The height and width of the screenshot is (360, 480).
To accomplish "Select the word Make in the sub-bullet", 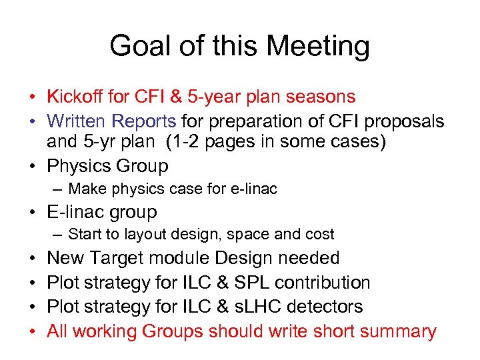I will pos(84,189).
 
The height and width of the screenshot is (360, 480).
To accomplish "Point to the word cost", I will pos(320,235).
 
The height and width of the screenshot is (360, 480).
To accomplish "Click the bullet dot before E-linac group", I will pos(32,213).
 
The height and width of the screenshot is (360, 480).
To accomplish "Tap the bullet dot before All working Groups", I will pos(32,331).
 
